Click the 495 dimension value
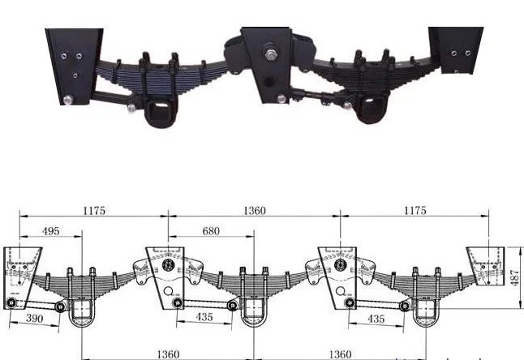(49, 232)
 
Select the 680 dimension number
(210, 232)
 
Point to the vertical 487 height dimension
(515, 277)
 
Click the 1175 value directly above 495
(94, 211)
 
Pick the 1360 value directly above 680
(254, 211)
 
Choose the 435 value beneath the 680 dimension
(204, 318)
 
